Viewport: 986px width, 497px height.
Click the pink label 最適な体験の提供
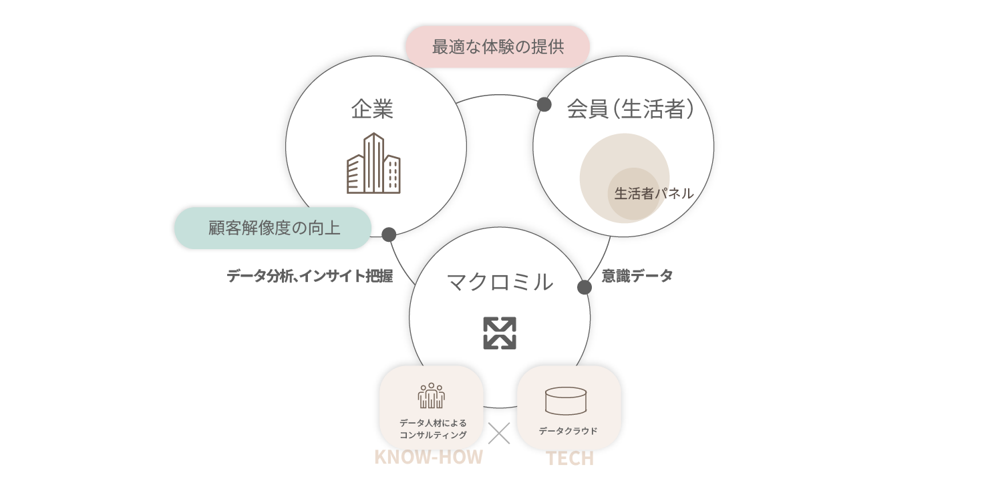(498, 47)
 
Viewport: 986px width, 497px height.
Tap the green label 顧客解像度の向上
(274, 228)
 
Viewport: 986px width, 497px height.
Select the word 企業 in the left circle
(372, 109)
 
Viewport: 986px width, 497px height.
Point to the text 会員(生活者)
(630, 109)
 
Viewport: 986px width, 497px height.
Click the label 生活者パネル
(653, 194)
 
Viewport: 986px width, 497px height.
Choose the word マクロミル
(500, 282)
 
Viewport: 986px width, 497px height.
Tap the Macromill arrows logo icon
(500, 333)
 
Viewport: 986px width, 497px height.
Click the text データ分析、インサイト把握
(309, 276)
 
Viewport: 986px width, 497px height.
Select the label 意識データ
(637, 275)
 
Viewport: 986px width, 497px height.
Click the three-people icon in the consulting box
(432, 395)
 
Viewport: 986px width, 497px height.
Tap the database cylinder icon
(565, 401)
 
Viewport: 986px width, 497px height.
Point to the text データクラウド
(568, 431)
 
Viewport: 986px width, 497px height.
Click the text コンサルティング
(433, 435)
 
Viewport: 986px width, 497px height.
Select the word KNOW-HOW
(428, 458)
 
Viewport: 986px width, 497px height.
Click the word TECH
(570, 460)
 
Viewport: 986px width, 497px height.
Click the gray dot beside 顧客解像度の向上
(389, 234)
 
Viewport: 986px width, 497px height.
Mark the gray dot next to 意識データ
(585, 287)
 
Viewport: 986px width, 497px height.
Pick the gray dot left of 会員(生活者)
(544, 105)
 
